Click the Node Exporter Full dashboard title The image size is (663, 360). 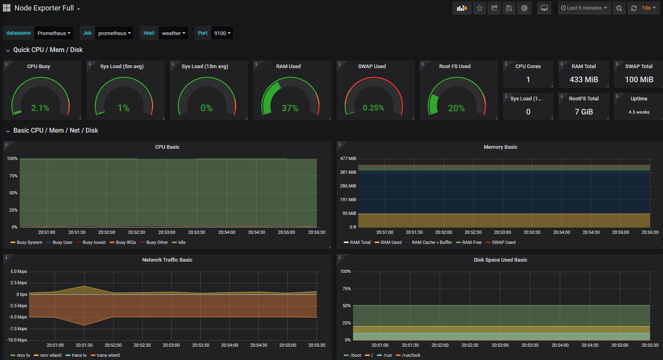point(44,8)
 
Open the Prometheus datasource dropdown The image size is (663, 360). point(54,33)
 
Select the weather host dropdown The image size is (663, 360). point(173,33)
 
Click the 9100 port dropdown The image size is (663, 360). point(222,33)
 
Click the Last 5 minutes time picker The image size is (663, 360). point(584,8)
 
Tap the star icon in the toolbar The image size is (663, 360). point(480,8)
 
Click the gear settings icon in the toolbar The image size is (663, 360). point(524,8)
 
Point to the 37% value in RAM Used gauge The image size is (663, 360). point(290,108)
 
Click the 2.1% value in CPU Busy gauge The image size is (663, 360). point(40,108)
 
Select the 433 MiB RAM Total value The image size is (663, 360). point(584,80)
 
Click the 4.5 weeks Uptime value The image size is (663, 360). point(639,112)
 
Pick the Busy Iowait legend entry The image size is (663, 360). point(94,242)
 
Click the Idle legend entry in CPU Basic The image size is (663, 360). point(182,242)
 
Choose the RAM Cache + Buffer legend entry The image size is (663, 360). point(432,242)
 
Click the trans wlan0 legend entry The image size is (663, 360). point(108,355)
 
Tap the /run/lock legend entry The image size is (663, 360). point(411,355)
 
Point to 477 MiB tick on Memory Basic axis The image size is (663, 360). point(348,158)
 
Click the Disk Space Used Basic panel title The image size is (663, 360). point(500,260)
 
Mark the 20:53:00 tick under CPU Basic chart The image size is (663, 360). point(166,232)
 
